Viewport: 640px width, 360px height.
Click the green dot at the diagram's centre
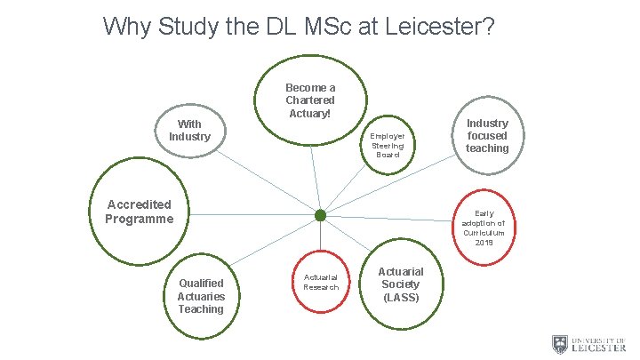pos(321,215)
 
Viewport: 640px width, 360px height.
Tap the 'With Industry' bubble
pos(189,131)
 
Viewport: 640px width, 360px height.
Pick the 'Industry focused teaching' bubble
pos(487,136)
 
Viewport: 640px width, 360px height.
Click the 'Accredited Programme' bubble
pos(139,212)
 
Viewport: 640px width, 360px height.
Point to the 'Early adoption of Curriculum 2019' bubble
pos(484,228)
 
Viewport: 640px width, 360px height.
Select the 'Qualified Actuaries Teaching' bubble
pos(201,296)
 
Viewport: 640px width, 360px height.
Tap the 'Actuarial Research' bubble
pos(321,281)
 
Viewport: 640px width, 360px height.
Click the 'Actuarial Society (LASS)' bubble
pos(401,284)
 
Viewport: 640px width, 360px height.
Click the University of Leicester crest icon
pos(559,344)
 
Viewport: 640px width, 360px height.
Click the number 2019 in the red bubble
pos(484,243)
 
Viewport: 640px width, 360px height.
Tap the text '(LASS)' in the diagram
pos(401,297)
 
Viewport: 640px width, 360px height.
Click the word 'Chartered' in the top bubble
pos(310,100)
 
